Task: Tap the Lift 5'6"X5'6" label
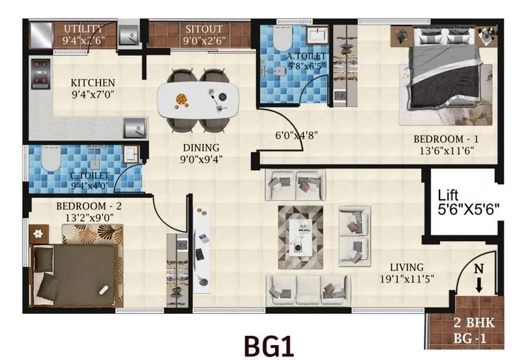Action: tap(468, 201)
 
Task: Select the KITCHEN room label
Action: tap(93, 83)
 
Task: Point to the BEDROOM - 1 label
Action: tap(442, 140)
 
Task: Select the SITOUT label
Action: tap(204, 29)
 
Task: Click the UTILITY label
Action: tap(84, 28)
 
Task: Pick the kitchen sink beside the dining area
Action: tap(133, 128)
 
